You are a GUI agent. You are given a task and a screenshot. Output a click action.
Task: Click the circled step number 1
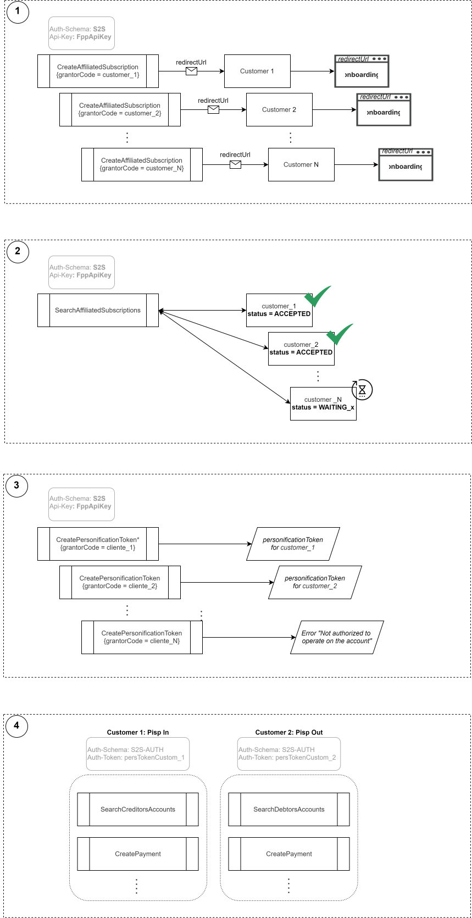[18, 12]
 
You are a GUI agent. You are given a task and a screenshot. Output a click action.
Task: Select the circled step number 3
[17, 485]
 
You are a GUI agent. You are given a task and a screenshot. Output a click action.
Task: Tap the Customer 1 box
[257, 71]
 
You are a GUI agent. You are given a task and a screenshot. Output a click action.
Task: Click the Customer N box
[301, 165]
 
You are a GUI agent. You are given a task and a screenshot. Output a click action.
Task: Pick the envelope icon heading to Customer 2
[213, 109]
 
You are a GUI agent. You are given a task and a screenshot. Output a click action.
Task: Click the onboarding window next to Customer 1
[362, 71]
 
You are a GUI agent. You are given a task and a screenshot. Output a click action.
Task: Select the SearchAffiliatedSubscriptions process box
[98, 310]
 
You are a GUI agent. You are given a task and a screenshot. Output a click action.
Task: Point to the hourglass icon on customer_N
[362, 389]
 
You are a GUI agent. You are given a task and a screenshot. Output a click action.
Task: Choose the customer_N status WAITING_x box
[323, 403]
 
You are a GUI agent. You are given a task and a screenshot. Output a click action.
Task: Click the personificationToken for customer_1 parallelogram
[293, 544]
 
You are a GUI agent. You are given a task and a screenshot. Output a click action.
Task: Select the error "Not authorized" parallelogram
[337, 637]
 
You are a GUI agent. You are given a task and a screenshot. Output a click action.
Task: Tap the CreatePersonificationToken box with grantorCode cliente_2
[120, 582]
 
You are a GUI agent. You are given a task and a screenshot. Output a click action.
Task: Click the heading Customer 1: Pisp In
[138, 732]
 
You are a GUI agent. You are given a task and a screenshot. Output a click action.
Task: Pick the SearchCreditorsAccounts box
[138, 809]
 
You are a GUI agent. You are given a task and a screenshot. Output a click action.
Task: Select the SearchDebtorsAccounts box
[289, 809]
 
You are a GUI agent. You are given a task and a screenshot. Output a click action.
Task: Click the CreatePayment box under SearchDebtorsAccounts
[289, 854]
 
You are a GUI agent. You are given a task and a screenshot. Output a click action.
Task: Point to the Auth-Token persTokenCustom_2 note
[289, 754]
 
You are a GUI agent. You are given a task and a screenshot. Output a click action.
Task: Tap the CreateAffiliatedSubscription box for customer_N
[142, 165]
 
